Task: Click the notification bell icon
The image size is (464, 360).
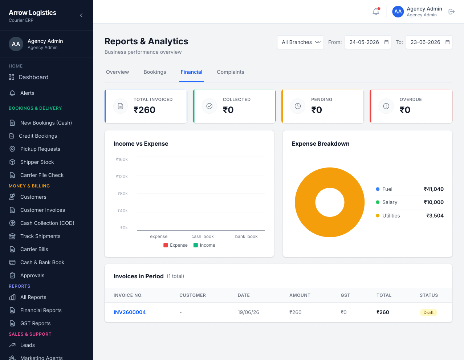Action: [x=376, y=12]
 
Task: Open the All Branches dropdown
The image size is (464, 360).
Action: [x=300, y=42]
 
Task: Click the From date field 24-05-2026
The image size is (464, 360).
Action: [x=368, y=42]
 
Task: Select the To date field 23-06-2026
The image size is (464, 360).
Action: [x=429, y=42]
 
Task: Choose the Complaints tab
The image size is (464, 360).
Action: [x=231, y=72]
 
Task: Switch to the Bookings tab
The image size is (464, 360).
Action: [x=155, y=72]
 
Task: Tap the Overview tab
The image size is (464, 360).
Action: [x=117, y=72]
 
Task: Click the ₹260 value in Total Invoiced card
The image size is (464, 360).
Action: [x=145, y=110]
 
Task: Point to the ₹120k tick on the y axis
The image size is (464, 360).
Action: [x=122, y=176]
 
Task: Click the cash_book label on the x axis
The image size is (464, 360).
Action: [x=203, y=236]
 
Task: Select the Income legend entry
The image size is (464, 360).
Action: [x=204, y=245]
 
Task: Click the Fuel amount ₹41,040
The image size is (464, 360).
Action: [x=434, y=189]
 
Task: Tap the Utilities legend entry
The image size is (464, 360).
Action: [x=388, y=215]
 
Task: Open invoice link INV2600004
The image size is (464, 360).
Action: [x=130, y=312]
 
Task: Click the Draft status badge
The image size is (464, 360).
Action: [x=428, y=312]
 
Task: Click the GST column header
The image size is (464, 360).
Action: [x=345, y=295]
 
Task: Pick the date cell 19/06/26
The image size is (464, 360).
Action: [x=248, y=312]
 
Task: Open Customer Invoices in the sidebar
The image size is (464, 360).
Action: [x=42, y=210]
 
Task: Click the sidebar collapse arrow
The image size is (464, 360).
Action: [x=81, y=15]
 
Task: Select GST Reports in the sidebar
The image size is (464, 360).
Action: [x=36, y=323]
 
